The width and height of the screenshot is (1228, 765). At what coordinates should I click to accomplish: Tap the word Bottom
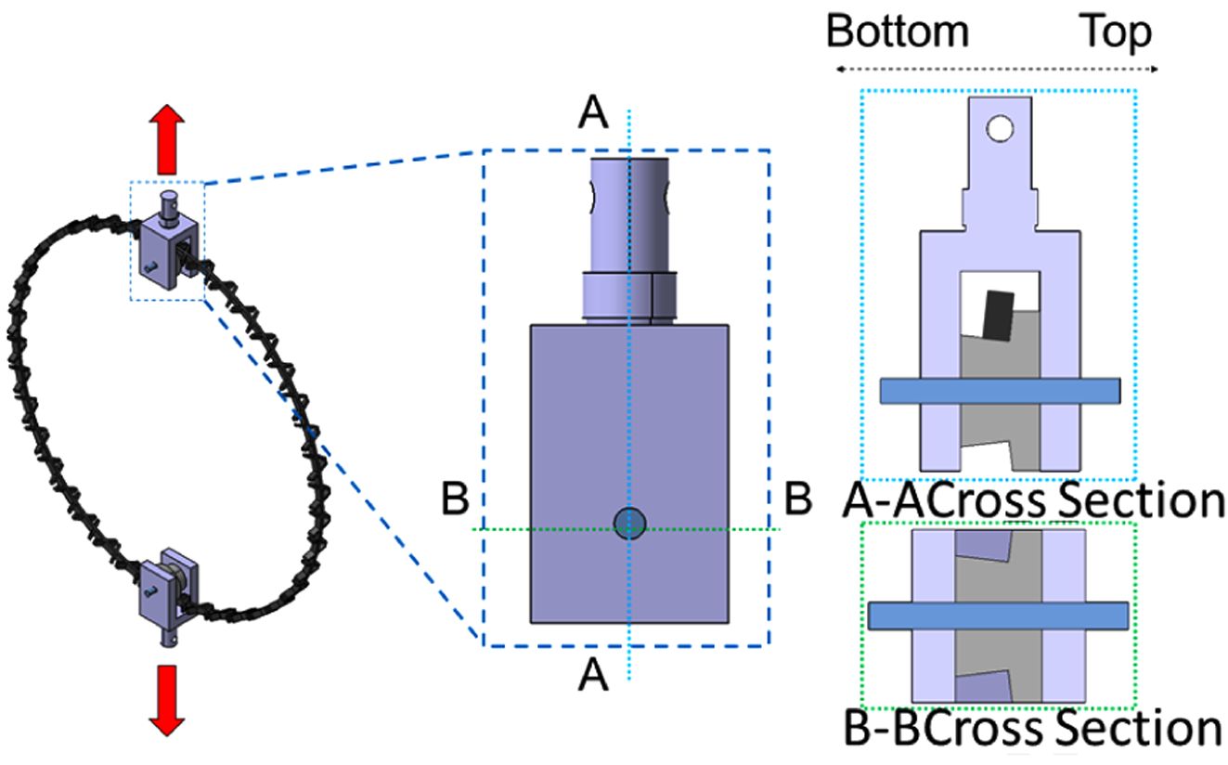tap(898, 32)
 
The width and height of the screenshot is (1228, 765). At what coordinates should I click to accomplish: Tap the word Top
tap(1116, 32)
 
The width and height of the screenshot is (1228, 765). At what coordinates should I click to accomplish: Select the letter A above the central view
tap(593, 114)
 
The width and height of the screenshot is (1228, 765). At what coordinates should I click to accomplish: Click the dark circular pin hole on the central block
tap(630, 523)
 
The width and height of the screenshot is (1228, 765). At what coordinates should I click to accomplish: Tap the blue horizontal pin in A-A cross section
tap(1000, 391)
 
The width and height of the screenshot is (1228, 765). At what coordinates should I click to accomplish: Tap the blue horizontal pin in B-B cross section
tap(998, 615)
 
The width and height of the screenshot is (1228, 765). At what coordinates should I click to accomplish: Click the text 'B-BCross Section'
tap(1033, 730)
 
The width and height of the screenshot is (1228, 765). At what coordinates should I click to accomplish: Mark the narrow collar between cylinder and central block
tap(629, 295)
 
